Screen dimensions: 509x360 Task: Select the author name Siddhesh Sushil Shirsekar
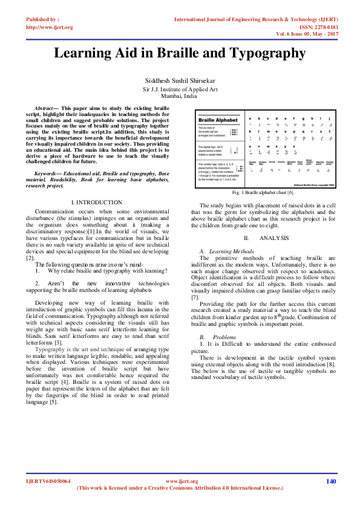180,80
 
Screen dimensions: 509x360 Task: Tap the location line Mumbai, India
179,96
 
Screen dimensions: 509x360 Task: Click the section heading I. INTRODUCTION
97,202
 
